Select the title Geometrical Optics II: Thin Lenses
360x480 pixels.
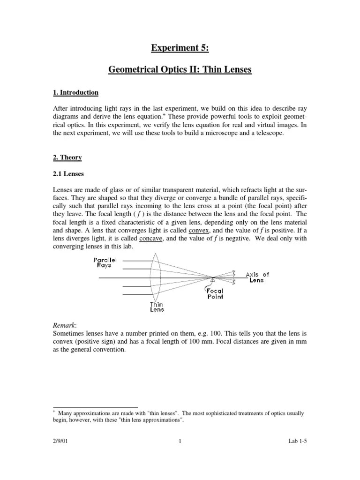tap(180, 70)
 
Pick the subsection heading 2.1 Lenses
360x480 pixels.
tap(68, 173)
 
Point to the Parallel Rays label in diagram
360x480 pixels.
tap(105, 262)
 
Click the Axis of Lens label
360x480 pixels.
tap(257, 277)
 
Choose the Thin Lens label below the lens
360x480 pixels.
tap(157, 307)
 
